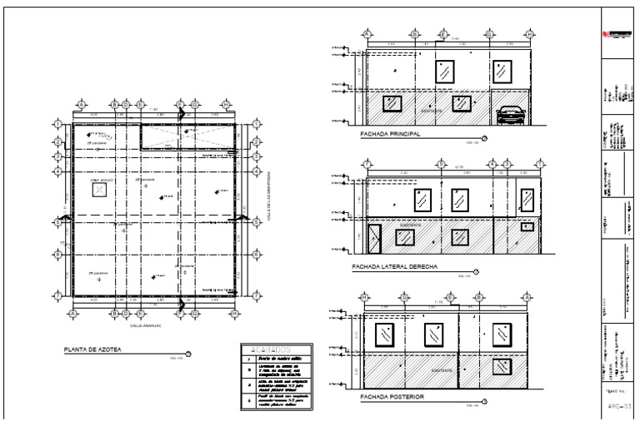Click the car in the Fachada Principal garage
(509, 114)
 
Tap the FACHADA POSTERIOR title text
(391, 398)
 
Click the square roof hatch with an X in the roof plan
(100, 190)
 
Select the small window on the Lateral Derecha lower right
(527, 226)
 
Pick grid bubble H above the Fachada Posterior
(365, 295)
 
